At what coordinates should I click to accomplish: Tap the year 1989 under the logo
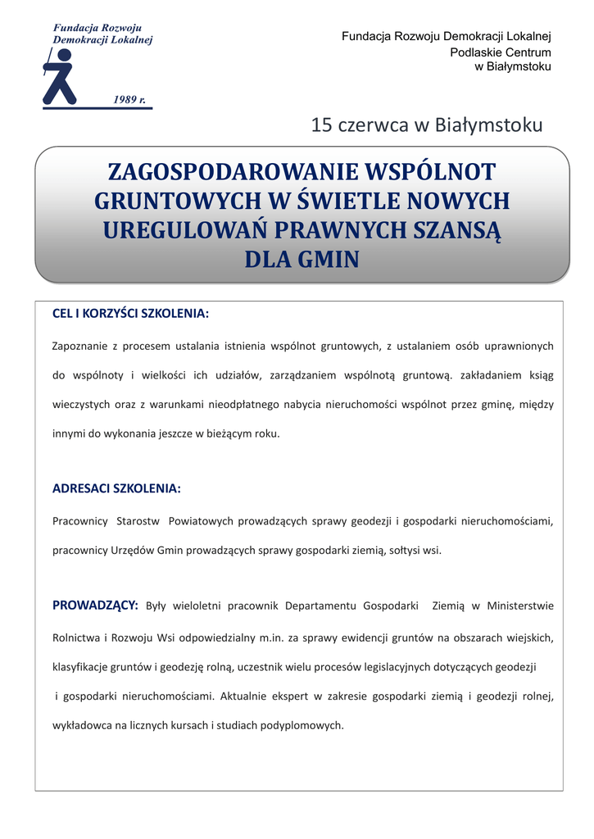pos(129,99)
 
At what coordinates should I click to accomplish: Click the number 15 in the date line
pos(321,125)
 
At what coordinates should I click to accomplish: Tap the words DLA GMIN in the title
pos(302,260)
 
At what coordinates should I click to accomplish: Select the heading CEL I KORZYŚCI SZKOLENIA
pos(130,314)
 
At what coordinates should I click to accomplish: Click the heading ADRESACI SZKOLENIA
pos(116,488)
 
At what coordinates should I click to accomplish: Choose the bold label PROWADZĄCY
pos(95,605)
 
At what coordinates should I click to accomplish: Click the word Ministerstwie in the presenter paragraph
pos(520,606)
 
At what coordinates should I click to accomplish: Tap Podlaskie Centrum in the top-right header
pos(501,52)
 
